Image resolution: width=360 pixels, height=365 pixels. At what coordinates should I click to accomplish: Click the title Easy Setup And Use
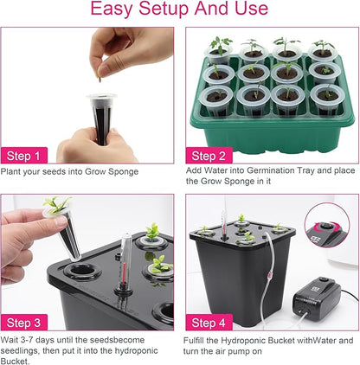[x=179, y=11]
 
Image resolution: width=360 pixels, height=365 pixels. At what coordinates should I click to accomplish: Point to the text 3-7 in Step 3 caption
[x=32, y=339]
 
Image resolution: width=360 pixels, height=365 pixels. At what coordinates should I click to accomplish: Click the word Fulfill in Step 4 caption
[x=200, y=339]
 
